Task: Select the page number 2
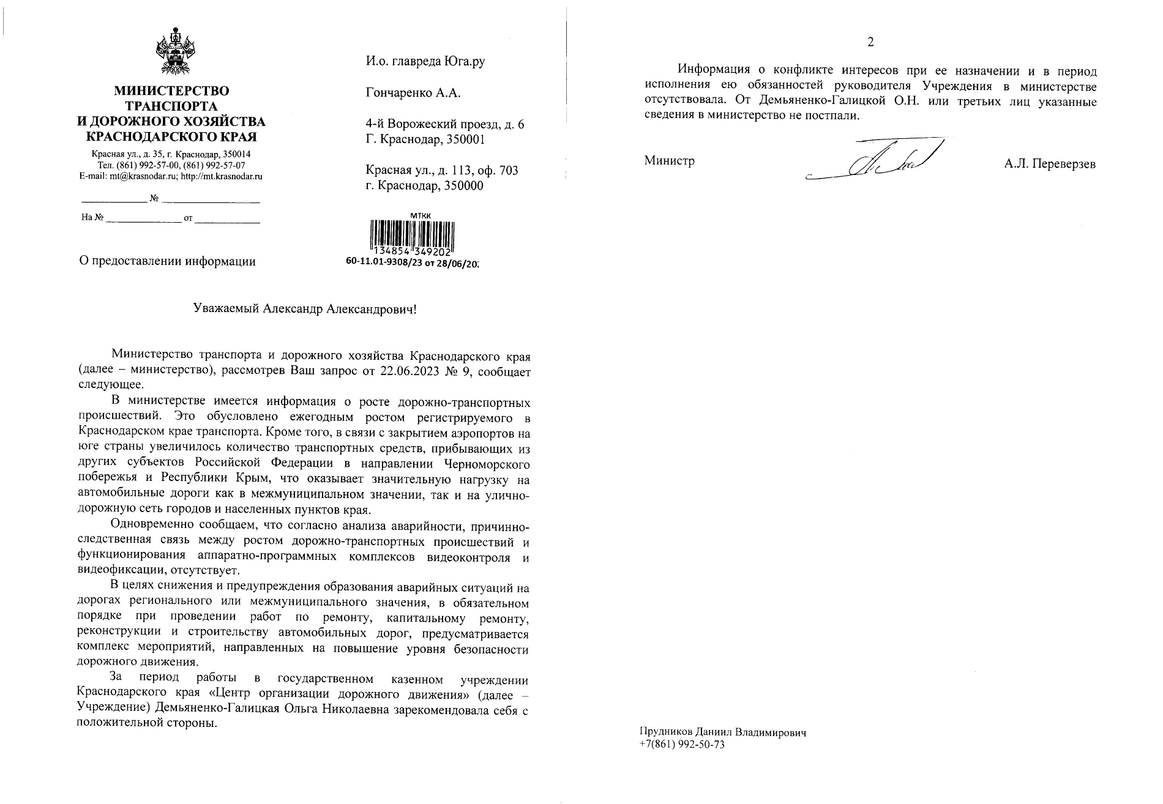pos(870,42)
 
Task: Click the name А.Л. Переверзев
pos(1050,164)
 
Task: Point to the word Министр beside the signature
pos(669,161)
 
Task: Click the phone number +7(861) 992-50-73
pos(682,745)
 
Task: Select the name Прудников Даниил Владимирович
pos(722,732)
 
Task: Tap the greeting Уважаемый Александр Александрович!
pos(304,309)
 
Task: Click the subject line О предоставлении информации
pos(168,262)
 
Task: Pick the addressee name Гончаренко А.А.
pos(413,93)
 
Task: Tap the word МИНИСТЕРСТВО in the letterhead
pos(171,91)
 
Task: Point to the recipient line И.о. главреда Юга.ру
pos(425,61)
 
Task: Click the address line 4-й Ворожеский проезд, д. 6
pos(444,124)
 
